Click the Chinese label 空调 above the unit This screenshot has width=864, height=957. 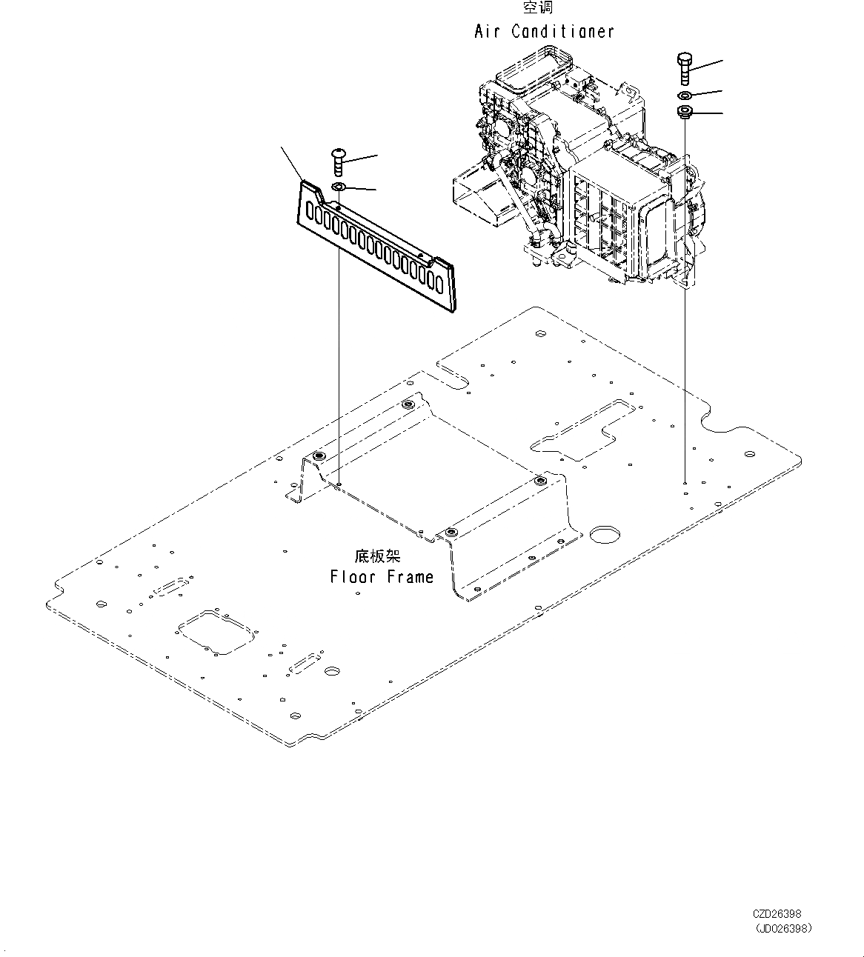pos(538,8)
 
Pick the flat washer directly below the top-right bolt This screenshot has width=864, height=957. pos(684,96)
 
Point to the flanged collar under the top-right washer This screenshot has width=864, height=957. pos(684,113)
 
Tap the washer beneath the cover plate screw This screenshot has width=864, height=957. pos(338,186)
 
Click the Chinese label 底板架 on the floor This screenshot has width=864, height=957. pos(376,556)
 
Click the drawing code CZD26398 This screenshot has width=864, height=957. pos(777,914)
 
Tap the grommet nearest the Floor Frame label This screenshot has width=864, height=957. pos(451,532)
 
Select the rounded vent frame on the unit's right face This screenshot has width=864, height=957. pos(657,237)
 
